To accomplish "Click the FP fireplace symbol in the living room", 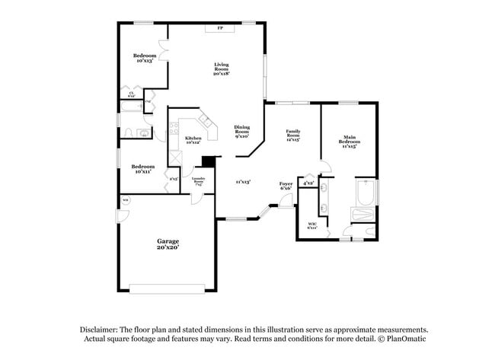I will click(x=220, y=28).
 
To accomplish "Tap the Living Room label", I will click(x=222, y=69).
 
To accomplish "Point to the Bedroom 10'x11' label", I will click(x=142, y=169).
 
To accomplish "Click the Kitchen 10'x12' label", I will click(x=193, y=140).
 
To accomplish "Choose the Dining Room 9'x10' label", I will click(x=242, y=131).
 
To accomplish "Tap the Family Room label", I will click(x=292, y=135).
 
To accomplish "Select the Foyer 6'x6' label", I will click(x=286, y=186).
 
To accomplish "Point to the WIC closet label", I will click(x=312, y=226).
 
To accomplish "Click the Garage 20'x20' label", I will click(x=168, y=244).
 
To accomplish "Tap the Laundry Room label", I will click(x=198, y=183).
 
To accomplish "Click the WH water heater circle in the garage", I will click(x=125, y=201).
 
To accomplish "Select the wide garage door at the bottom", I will click(x=168, y=288).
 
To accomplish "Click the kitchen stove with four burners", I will click(x=204, y=120).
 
